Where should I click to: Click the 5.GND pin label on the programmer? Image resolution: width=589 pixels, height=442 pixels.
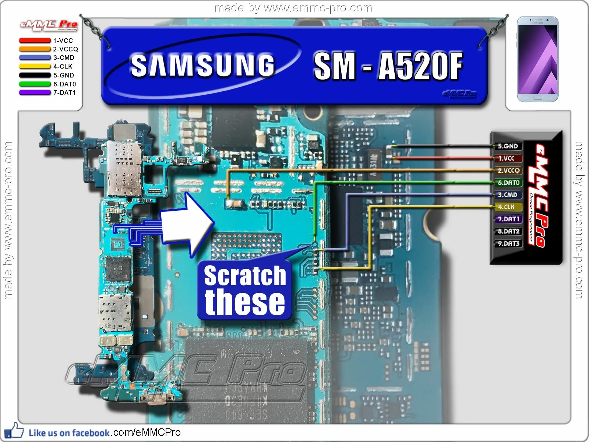(508, 146)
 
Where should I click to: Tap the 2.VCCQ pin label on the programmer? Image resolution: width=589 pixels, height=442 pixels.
(508, 171)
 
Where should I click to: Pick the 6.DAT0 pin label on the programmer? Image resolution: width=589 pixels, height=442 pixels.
(508, 183)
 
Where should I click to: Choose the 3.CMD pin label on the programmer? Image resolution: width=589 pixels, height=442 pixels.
(508, 195)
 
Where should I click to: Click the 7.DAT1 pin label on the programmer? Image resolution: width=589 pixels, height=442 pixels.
(508, 219)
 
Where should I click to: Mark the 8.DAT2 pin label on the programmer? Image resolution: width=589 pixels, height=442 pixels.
(508, 231)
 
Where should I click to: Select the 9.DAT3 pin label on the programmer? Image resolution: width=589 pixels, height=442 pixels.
(508, 243)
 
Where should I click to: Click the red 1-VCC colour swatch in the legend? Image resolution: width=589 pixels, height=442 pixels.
(35, 41)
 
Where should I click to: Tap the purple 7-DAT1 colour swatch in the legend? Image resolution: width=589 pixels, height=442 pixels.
(35, 93)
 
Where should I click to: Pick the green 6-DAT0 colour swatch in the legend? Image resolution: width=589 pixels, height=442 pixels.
(35, 84)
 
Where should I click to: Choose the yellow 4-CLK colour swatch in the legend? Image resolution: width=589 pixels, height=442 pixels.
(35, 67)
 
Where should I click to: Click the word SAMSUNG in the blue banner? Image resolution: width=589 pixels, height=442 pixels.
(203, 66)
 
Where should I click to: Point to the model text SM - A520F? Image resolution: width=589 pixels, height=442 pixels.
(388, 66)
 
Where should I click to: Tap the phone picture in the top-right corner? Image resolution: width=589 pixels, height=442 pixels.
(537, 59)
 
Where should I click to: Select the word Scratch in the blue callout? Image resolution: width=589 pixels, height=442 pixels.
(245, 276)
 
